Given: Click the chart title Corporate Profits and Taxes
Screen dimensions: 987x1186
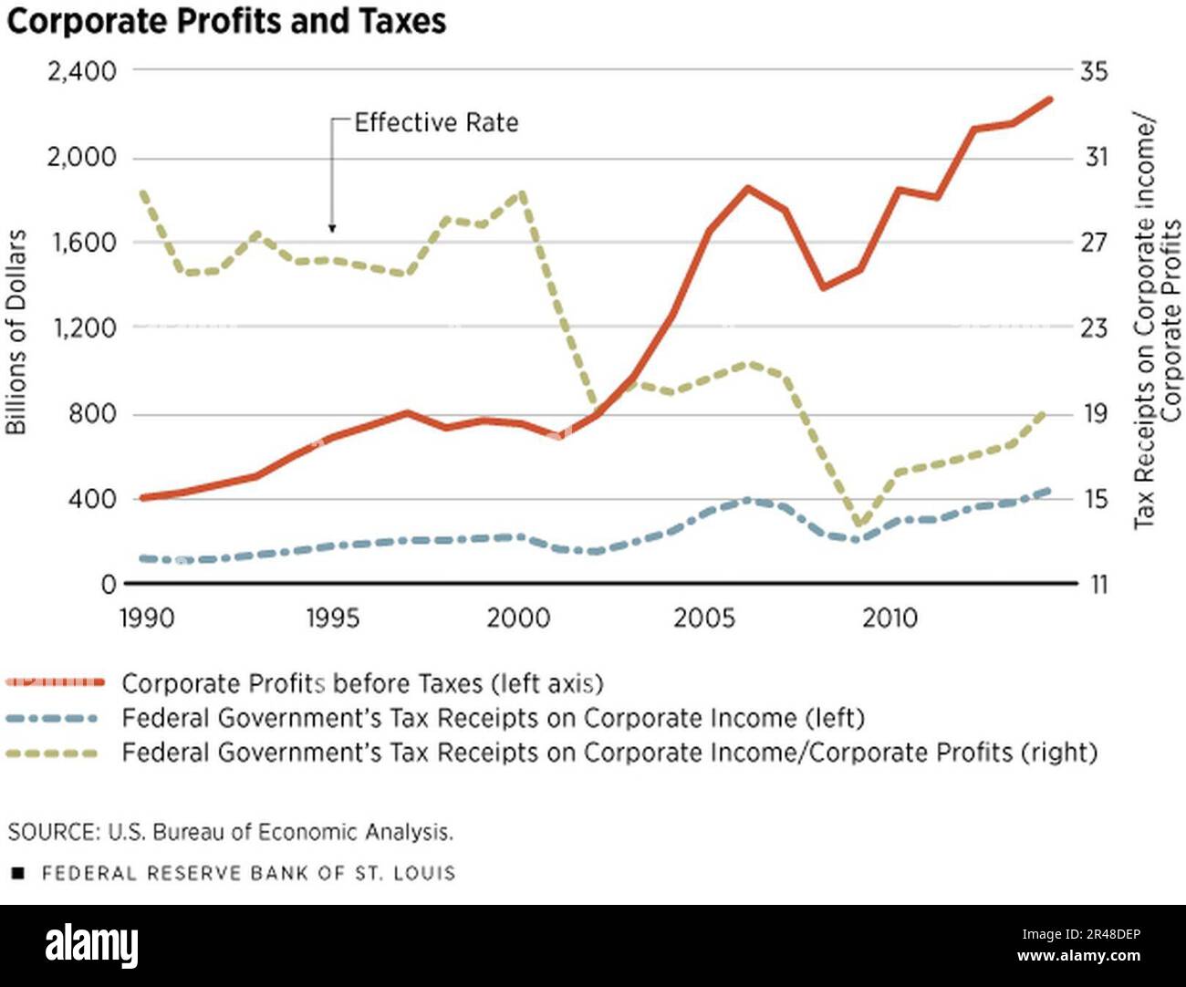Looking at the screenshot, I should pos(226,20).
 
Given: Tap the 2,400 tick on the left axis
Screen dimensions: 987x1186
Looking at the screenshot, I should pos(81,71).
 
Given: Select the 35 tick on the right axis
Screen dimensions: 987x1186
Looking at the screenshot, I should pos(1094,71).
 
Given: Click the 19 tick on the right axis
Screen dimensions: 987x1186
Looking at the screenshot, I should pos(1094,413).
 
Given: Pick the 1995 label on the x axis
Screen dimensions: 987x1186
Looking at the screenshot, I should pos(333,618).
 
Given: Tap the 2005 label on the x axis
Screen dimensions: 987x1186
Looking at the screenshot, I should pos(703,618).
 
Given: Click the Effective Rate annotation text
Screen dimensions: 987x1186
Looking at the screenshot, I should pos(436,122).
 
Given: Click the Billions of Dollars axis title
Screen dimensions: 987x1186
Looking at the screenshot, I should pos(16,332).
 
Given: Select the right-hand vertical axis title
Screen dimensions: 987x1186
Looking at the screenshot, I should pos(1157,321).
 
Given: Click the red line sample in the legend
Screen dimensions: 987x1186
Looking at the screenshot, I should pos(55,682).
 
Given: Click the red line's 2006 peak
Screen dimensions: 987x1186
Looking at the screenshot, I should pos(747,188).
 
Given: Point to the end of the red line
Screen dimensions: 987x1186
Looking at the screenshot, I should pos(1050,99).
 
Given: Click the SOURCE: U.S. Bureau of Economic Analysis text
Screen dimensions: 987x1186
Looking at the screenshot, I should pos(231,832).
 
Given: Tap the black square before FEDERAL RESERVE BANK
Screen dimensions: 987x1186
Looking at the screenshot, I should pos(17,874).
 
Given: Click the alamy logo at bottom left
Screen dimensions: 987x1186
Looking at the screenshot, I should pos(91,946).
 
